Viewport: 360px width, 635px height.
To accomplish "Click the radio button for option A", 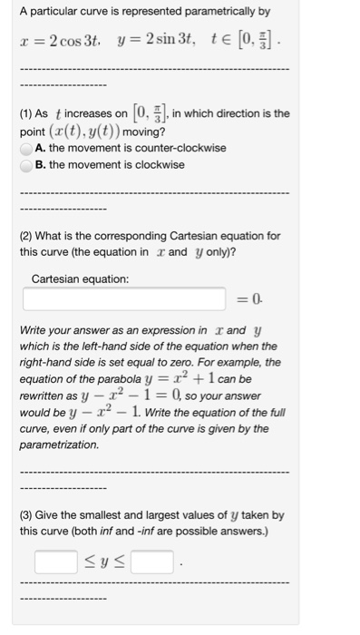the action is pyautogui.click(x=28, y=149).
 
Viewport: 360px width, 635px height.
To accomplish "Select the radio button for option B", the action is pyautogui.click(x=28, y=166).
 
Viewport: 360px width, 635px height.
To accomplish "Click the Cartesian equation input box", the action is pyautogui.click(x=124, y=298).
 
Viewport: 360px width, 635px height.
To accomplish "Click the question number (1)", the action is pyautogui.click(x=28, y=113).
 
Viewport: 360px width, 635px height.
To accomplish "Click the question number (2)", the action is pyautogui.click(x=28, y=236).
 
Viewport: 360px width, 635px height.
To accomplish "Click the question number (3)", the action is pyautogui.click(x=28, y=514).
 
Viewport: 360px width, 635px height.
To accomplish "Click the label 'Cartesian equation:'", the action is pyautogui.click(x=81, y=278).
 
